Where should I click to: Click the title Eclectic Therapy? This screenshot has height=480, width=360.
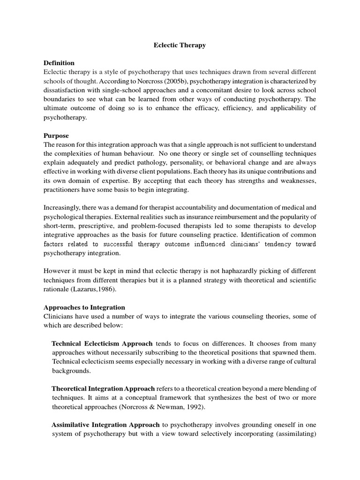point(180,45)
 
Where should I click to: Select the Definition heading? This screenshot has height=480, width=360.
point(59,63)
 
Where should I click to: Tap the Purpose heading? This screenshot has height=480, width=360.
point(56,135)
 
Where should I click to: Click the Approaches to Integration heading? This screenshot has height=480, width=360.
point(84,307)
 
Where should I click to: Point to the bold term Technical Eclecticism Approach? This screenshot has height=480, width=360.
point(102,343)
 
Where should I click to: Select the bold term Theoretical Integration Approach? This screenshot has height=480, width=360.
point(103,389)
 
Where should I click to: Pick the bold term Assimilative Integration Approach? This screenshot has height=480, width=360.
point(105,425)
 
